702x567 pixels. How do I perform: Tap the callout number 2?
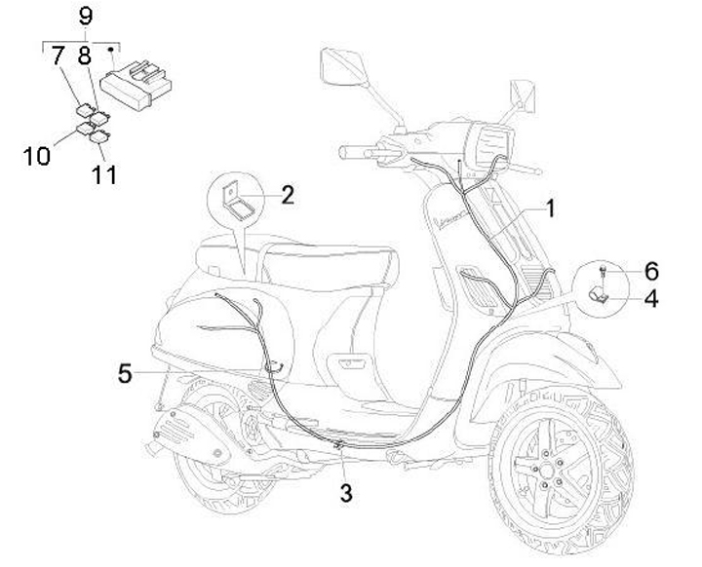tap(287, 194)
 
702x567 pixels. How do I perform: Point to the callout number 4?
tap(650, 298)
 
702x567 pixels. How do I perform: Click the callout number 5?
tap(125, 371)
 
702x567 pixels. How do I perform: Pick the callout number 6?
tap(650, 270)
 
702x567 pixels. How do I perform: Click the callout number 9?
tap(85, 16)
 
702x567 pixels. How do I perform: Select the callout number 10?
tap(38, 155)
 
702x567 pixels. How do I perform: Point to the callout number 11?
tap(104, 174)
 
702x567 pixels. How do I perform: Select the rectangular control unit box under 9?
tap(136, 78)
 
